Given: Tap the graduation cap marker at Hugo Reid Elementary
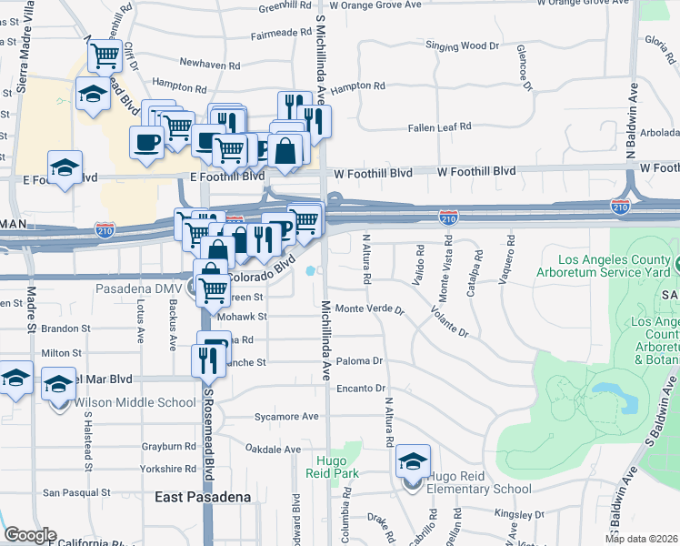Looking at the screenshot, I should pyautogui.click(x=413, y=462).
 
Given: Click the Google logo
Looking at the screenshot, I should pyautogui.click(x=29, y=535).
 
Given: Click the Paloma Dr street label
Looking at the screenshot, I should pyautogui.click(x=360, y=361).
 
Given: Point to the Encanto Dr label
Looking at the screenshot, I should pyautogui.click(x=361, y=388).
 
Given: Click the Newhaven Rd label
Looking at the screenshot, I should pyautogui.click(x=210, y=65).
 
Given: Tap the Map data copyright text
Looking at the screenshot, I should pyautogui.click(x=642, y=539).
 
